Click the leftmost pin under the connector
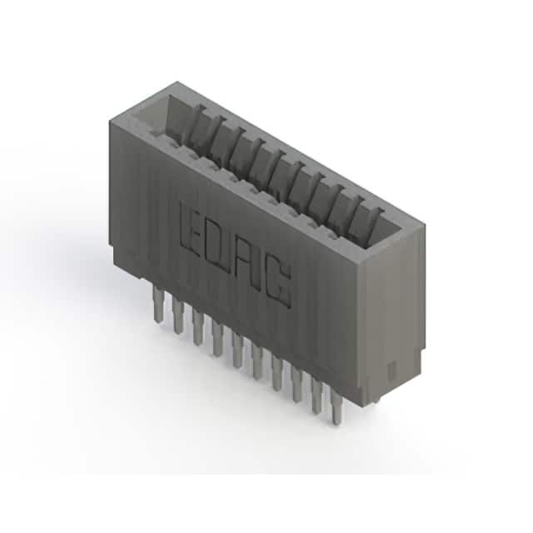click(x=157, y=303)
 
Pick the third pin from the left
click(x=197, y=326)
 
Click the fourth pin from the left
click(x=217, y=338)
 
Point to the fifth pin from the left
click(x=237, y=350)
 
